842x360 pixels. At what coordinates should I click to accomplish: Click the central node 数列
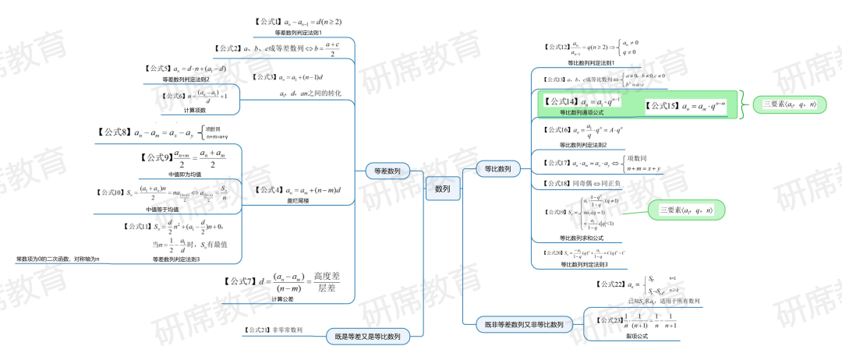click(x=442, y=189)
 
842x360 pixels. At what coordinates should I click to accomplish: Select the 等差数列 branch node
click(x=387, y=171)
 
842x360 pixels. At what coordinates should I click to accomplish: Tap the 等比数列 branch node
click(x=498, y=168)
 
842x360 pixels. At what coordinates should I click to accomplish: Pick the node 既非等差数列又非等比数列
click(x=524, y=323)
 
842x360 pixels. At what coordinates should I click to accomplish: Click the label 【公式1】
click(x=267, y=22)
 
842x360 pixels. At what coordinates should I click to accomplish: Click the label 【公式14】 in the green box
click(x=560, y=102)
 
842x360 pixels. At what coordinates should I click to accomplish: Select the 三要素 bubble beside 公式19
click(x=686, y=210)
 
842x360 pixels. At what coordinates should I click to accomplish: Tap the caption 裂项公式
click(x=637, y=336)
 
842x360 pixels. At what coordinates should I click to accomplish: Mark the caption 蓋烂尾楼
click(x=298, y=201)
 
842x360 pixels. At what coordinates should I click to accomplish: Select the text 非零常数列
click(x=287, y=330)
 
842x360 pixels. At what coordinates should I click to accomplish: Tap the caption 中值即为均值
click(x=185, y=175)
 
